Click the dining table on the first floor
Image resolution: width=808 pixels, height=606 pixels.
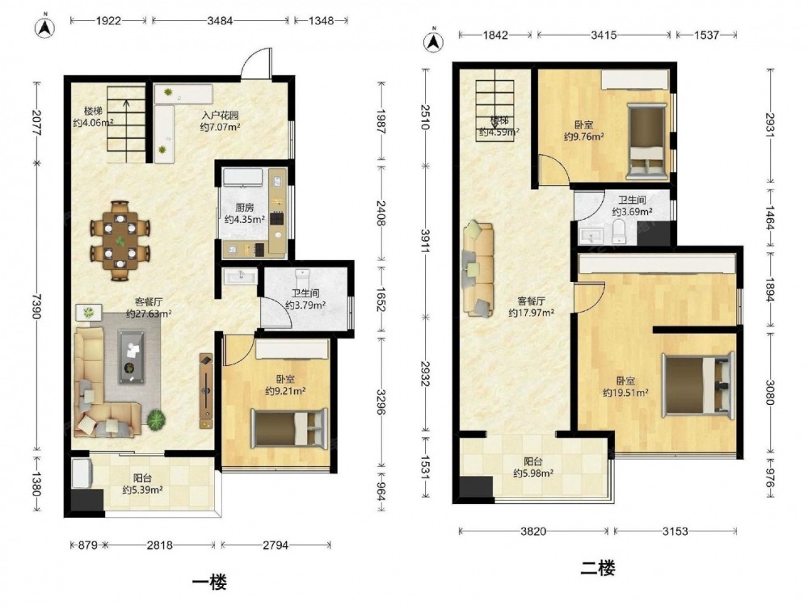120,241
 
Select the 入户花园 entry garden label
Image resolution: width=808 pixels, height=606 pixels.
220,116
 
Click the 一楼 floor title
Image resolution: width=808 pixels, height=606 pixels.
209,583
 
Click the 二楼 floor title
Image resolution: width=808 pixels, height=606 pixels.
598,568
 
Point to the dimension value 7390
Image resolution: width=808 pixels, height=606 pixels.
36,306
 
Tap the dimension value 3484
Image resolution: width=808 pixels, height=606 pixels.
220,21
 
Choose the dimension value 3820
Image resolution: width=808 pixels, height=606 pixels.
532,531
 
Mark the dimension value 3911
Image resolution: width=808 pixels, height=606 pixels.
425,241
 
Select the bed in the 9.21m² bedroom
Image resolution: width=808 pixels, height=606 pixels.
289,428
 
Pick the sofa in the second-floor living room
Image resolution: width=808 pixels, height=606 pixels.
478,268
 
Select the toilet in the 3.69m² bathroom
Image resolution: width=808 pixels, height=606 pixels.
618,231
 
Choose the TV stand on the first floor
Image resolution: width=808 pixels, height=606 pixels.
206,391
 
